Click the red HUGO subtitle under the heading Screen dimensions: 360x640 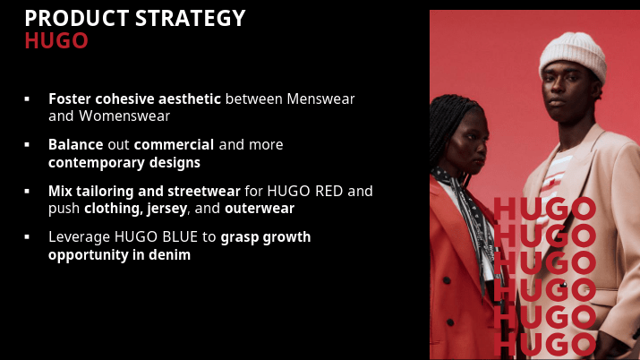point(55,40)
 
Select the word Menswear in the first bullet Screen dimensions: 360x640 point(323,98)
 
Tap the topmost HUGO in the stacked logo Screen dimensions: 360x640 point(544,210)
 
